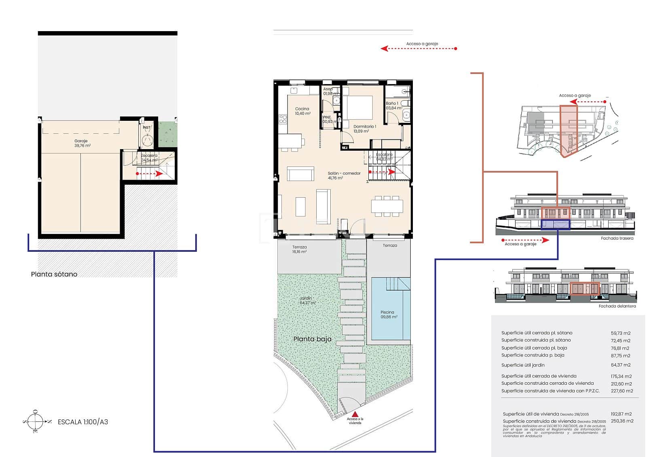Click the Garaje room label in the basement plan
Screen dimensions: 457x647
click(82, 143)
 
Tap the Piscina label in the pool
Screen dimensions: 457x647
click(387, 314)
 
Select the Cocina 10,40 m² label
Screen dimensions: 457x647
click(302, 111)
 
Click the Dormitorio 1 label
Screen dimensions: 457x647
click(364, 128)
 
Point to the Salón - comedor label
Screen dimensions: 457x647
click(344, 175)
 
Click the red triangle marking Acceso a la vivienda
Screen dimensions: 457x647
click(355, 414)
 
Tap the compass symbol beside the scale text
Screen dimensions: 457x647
click(36, 422)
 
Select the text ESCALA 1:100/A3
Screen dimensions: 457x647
click(83, 422)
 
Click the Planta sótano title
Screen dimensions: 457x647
click(54, 274)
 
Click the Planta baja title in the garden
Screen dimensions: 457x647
click(312, 339)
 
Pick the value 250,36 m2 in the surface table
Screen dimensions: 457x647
click(622, 421)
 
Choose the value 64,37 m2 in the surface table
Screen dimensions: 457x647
click(621, 365)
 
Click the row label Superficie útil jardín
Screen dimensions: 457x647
click(523, 365)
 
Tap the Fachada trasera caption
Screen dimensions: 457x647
click(617, 238)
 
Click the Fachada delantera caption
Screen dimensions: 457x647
click(617, 306)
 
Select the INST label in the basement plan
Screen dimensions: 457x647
click(146, 127)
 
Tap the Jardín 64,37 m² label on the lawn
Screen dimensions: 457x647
click(307, 301)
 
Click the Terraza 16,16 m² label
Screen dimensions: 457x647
click(299, 249)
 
